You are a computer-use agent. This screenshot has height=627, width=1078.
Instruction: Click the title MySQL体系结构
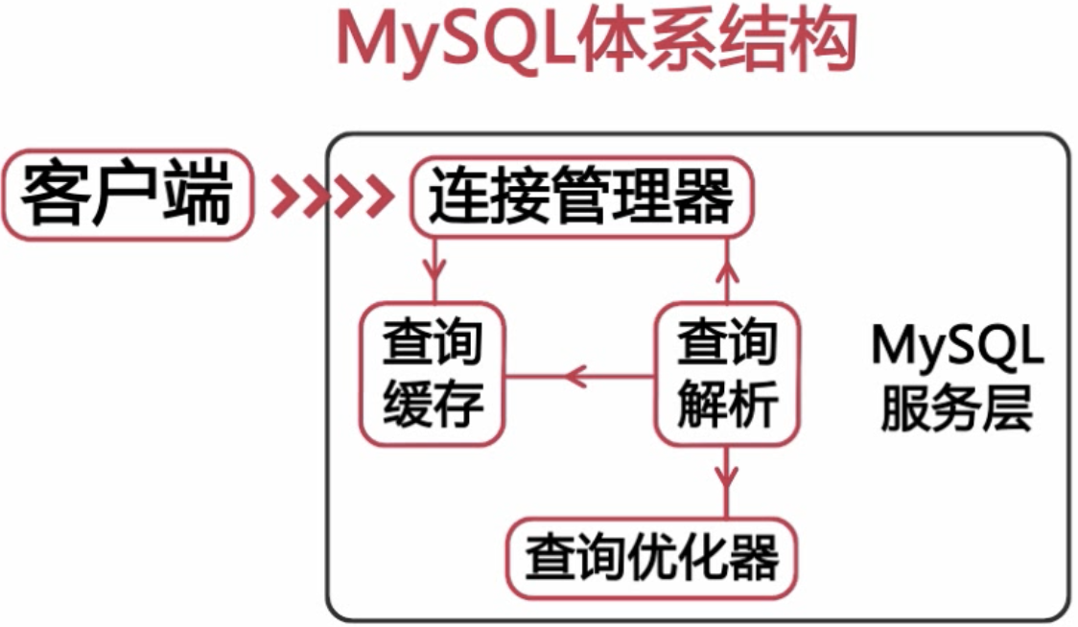click(597, 41)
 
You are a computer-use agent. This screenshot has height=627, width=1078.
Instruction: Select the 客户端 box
click(128, 196)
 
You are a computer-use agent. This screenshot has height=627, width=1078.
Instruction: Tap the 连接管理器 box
click(581, 197)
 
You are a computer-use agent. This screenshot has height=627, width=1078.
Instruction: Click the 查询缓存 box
click(433, 373)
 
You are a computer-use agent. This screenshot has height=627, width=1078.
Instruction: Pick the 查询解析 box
click(727, 373)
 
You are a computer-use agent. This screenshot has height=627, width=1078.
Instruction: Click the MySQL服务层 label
click(957, 378)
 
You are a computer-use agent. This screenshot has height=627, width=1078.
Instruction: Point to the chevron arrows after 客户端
click(333, 197)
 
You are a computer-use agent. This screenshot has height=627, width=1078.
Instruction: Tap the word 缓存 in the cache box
click(433, 405)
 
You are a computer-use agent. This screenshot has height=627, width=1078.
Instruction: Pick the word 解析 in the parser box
click(727, 405)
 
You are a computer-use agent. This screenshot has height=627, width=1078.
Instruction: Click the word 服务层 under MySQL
click(957, 408)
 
